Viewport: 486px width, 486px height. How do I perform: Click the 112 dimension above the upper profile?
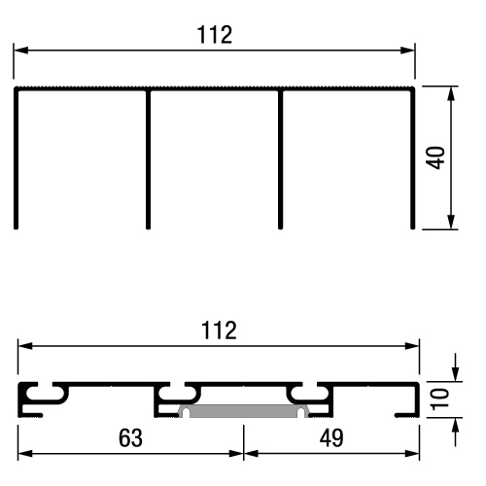click(215, 35)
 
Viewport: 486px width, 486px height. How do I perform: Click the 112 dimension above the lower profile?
click(219, 330)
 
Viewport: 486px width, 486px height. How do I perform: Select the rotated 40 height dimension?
click(435, 157)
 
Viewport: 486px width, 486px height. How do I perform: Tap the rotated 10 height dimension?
click(440, 399)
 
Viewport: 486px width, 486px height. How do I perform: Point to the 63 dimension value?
click(130, 438)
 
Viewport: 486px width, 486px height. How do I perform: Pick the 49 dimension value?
click(331, 438)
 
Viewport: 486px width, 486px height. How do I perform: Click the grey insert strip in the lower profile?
click(243, 410)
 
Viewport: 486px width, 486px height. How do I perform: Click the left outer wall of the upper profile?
click(16, 158)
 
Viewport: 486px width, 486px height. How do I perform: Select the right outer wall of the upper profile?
click(413, 158)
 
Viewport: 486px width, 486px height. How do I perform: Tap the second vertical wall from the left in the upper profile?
click(148, 158)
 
